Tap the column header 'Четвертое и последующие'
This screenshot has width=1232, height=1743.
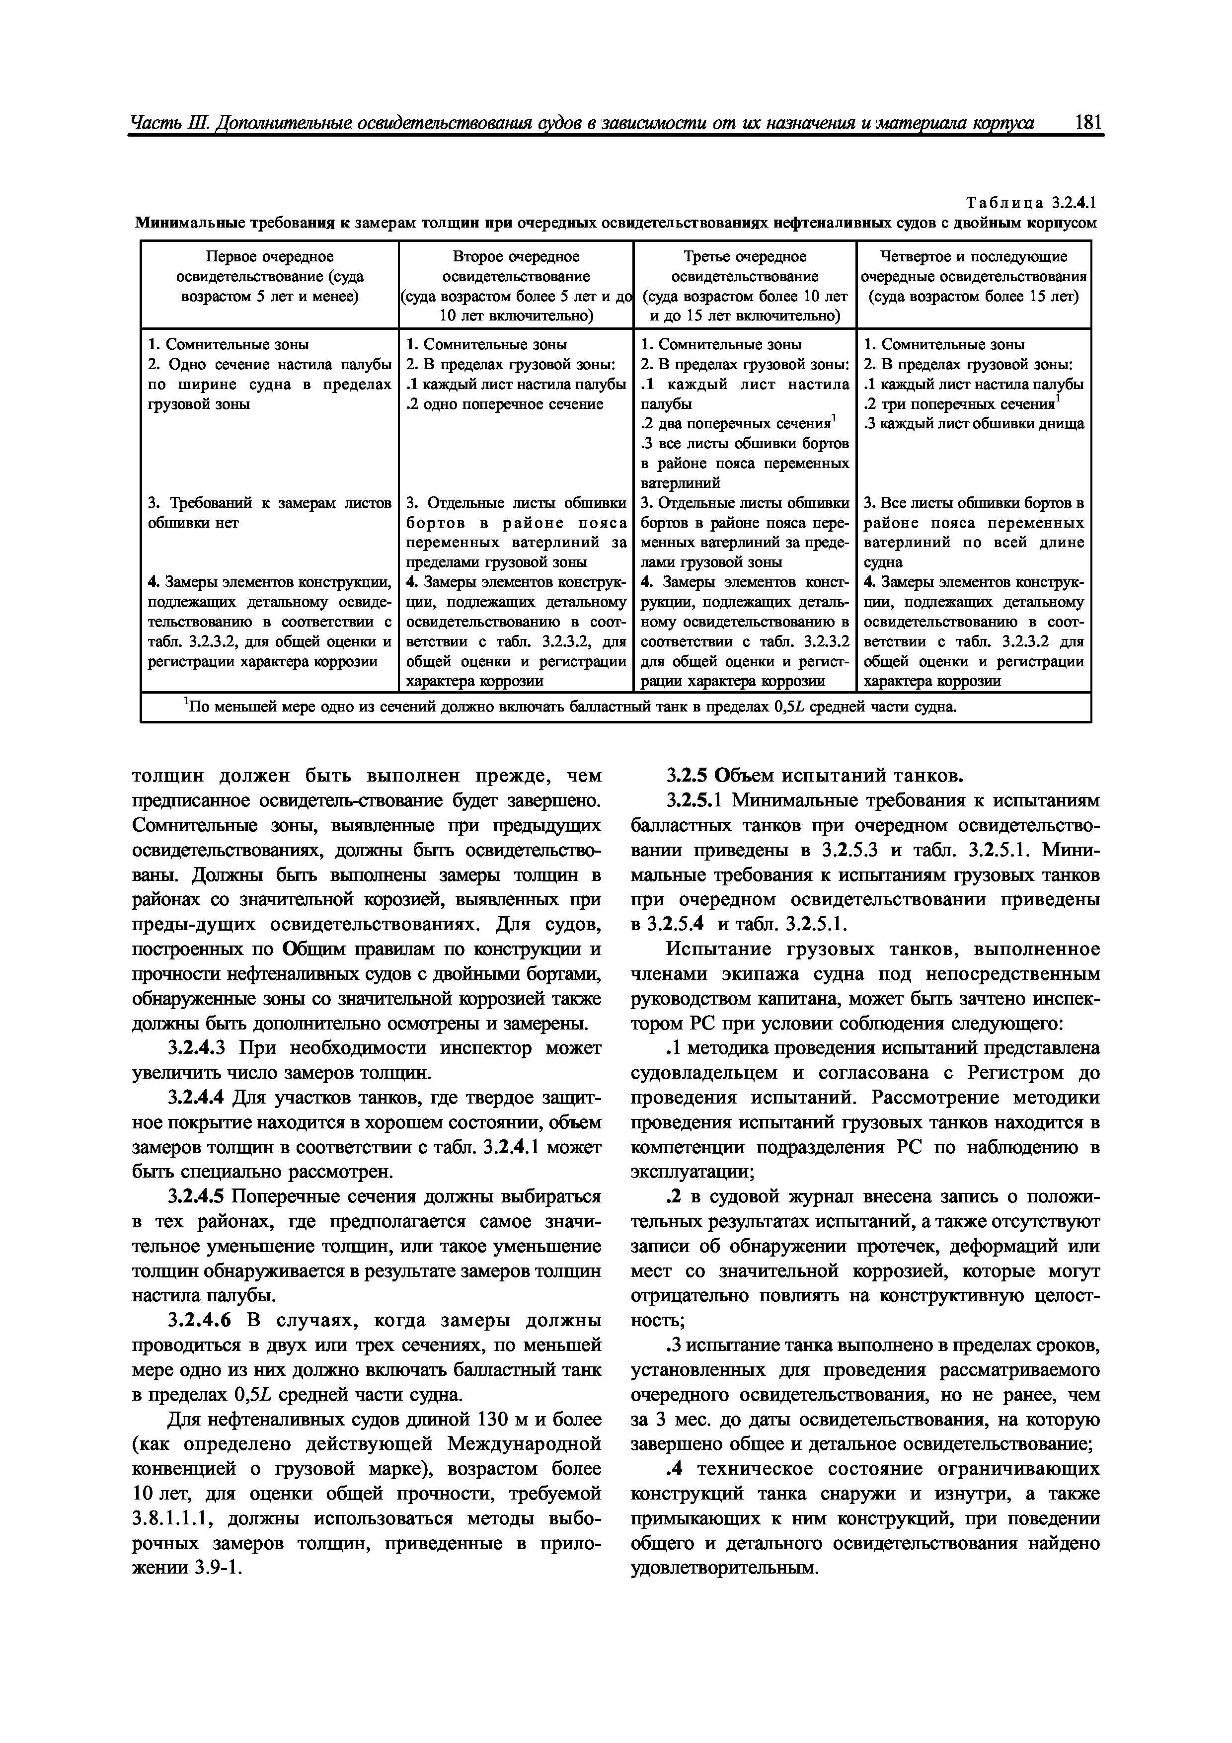973,257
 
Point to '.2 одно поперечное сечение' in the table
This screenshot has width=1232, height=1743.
505,404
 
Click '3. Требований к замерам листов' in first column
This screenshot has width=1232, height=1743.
269,503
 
